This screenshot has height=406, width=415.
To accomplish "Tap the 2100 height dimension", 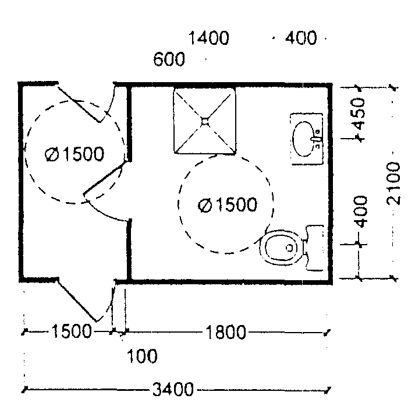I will (x=393, y=183).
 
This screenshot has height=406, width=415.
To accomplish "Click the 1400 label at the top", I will (x=209, y=39).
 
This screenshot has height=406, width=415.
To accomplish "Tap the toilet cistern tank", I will (x=314, y=248).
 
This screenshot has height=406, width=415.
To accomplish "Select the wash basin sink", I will (x=305, y=140).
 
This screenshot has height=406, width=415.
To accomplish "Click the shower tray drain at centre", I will (x=205, y=121).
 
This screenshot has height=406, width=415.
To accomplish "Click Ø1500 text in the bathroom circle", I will (x=227, y=205).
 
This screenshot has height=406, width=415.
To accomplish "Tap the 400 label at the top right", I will (x=300, y=39).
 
